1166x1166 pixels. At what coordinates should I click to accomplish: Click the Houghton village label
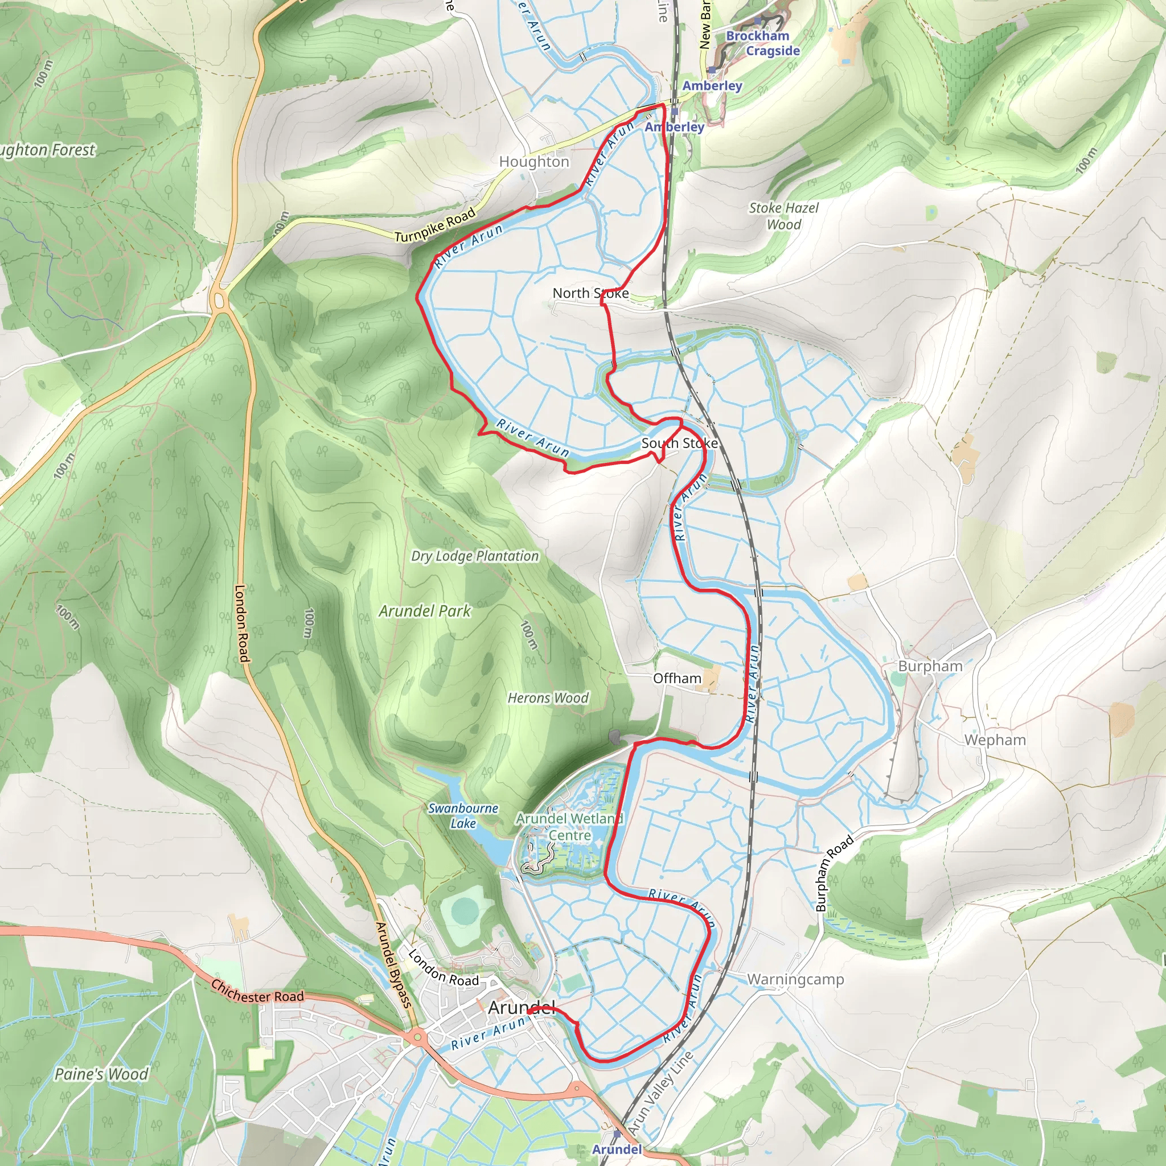pyautogui.click(x=534, y=162)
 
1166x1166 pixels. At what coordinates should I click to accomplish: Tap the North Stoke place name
pyautogui.click(x=590, y=293)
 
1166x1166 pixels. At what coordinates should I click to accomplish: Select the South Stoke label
pyautogui.click(x=679, y=443)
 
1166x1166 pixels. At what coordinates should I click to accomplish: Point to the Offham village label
pyautogui.click(x=677, y=678)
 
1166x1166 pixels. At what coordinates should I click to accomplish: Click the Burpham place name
pyautogui.click(x=930, y=666)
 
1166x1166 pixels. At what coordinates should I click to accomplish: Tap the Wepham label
pyautogui.click(x=995, y=740)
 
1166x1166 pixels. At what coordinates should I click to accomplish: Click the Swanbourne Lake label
pyautogui.click(x=463, y=815)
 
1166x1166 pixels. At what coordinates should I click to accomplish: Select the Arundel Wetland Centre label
pyautogui.click(x=569, y=827)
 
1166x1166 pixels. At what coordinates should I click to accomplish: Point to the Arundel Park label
pyautogui.click(x=425, y=611)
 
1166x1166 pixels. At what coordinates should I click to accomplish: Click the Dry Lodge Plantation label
pyautogui.click(x=475, y=556)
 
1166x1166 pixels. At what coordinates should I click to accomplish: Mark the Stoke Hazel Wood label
pyautogui.click(x=783, y=216)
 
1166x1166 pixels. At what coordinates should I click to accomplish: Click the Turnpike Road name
pyautogui.click(x=435, y=225)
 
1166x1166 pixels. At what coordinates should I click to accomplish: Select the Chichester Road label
pyautogui.click(x=257, y=992)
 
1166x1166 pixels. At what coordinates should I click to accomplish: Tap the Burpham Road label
pyautogui.click(x=834, y=873)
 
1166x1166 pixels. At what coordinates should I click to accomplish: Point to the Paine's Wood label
pyautogui.click(x=101, y=1074)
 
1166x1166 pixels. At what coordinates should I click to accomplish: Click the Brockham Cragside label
pyautogui.click(x=763, y=43)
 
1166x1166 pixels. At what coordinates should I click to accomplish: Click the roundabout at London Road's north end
pyautogui.click(x=219, y=299)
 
